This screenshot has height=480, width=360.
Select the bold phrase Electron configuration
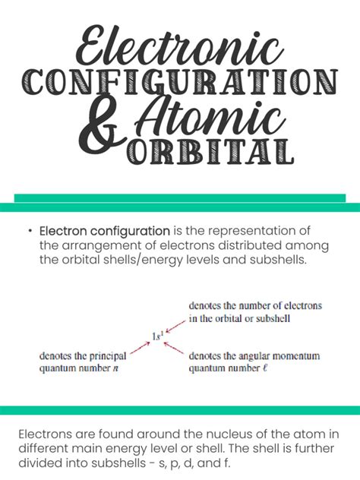click(105, 231)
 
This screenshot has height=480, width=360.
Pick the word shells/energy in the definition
click(190, 261)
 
